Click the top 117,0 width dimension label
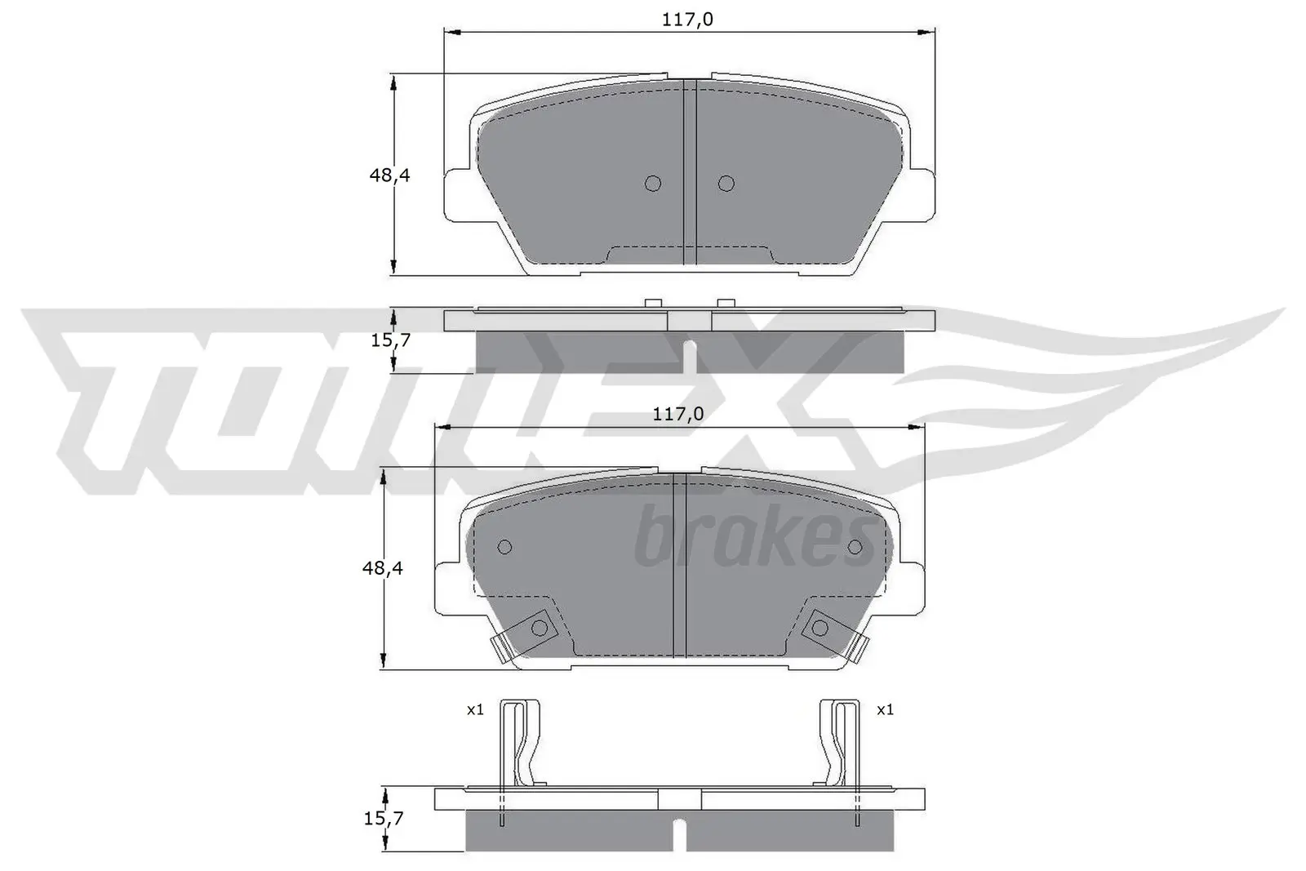pos(687,19)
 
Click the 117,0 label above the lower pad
pos(677,415)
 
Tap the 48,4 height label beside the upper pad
pos(389,174)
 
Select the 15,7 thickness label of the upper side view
pos(390,340)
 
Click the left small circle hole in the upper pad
pos(652,184)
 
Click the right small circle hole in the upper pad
pos(726,184)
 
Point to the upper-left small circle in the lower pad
pos(504,547)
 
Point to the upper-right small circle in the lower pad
pos(855,547)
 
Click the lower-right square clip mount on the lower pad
pos(820,627)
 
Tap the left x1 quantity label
pos(475,710)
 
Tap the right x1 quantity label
pos(885,710)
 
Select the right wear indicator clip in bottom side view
pos(839,743)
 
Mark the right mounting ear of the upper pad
pos(921,194)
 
